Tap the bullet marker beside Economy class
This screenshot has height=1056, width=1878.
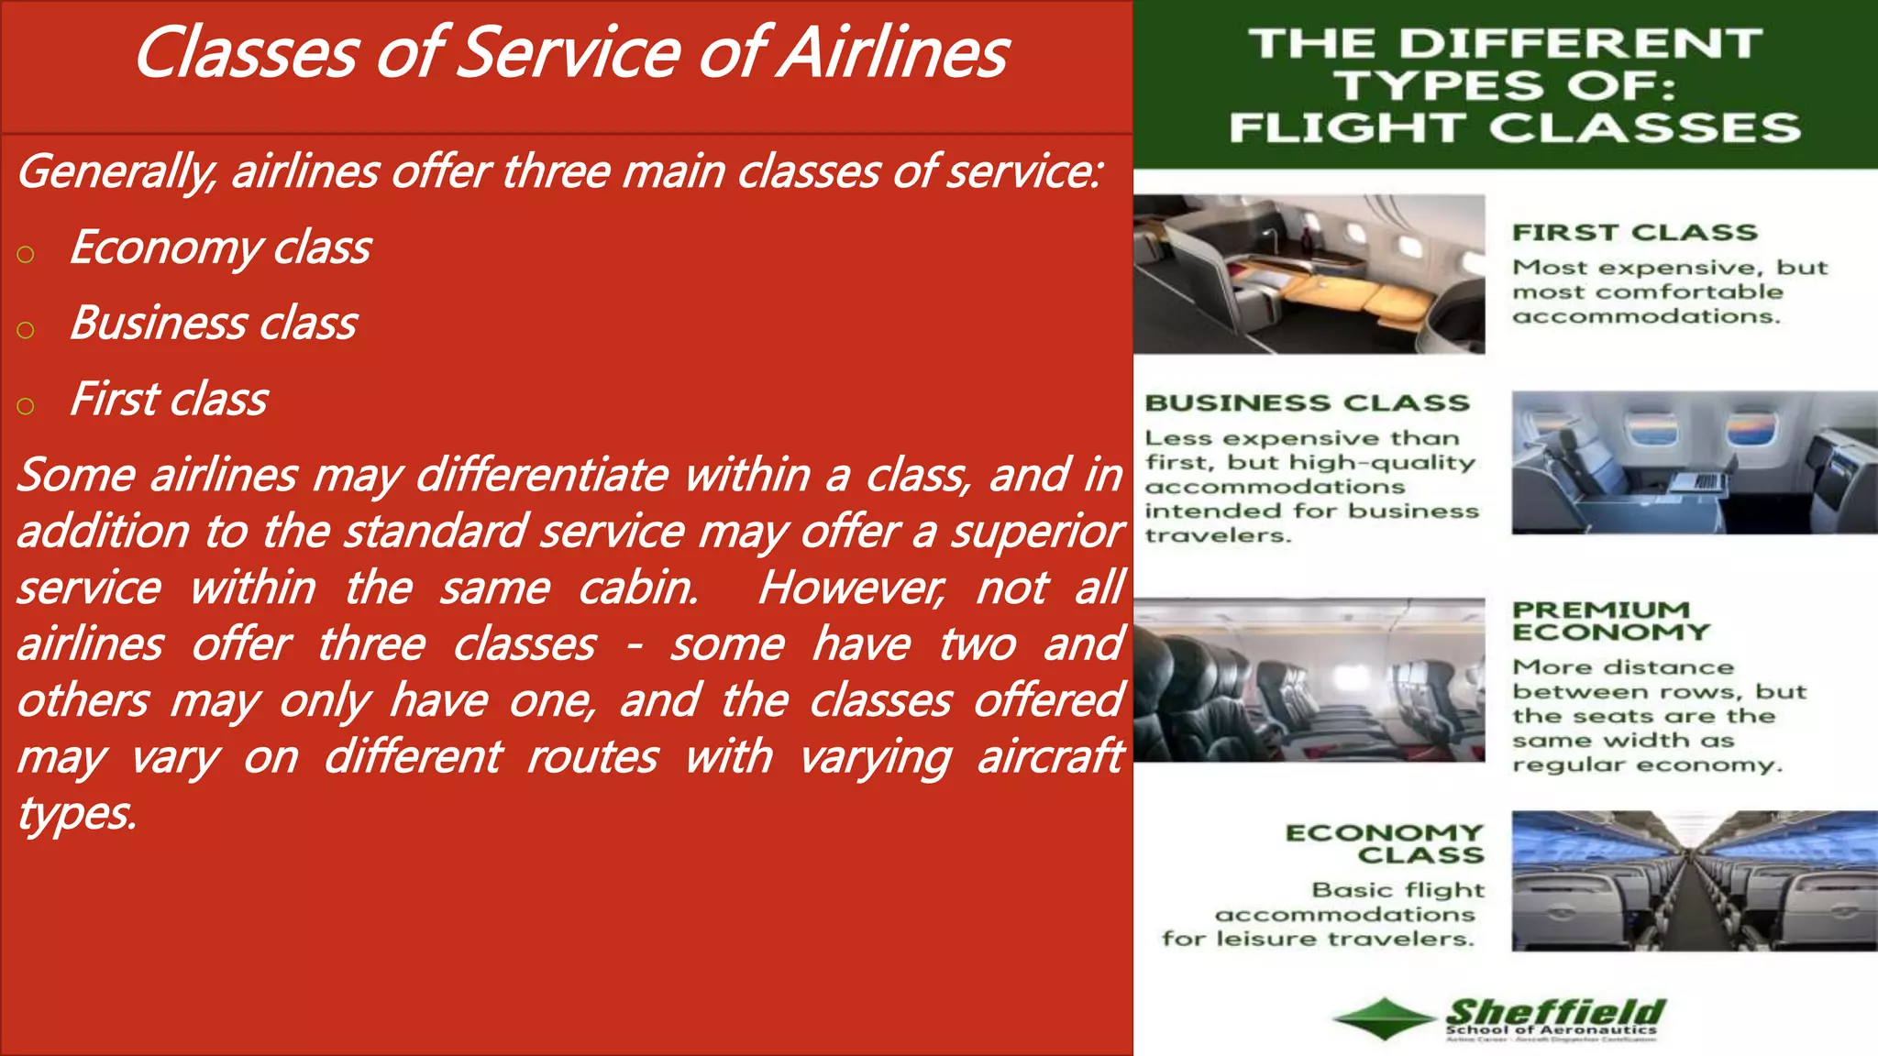(x=26, y=254)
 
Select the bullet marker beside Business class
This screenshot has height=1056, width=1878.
(x=26, y=330)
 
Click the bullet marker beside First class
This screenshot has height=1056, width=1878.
(x=26, y=406)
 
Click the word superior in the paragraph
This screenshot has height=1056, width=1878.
(x=1036, y=533)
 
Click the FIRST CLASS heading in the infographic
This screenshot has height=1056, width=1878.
(x=1635, y=233)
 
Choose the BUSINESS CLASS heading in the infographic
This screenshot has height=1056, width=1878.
(x=1307, y=403)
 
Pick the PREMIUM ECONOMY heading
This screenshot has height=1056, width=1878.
(x=1610, y=621)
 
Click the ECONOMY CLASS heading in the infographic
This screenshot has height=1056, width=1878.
(x=1386, y=843)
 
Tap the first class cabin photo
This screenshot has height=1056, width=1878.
(x=1309, y=274)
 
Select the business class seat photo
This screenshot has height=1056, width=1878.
(x=1694, y=462)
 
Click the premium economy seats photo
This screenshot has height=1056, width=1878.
(x=1309, y=680)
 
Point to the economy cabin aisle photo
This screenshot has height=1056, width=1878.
(x=1694, y=881)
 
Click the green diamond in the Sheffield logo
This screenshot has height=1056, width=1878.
(x=1384, y=1018)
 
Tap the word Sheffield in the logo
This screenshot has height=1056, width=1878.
(x=1556, y=1012)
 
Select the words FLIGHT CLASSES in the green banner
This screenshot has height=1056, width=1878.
(x=1515, y=127)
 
